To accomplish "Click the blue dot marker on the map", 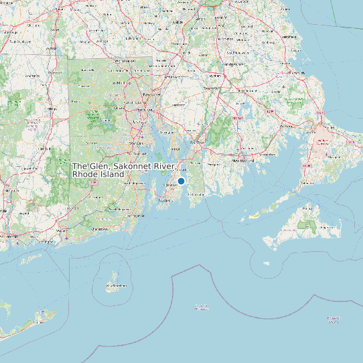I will coord(181,181).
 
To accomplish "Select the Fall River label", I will coord(198,142).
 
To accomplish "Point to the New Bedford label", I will coord(244,161).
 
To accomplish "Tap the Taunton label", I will coord(212,88).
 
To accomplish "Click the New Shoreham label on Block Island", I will coord(116,286).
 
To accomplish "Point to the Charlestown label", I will coord(98,228).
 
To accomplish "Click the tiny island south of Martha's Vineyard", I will coord(267,263).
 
